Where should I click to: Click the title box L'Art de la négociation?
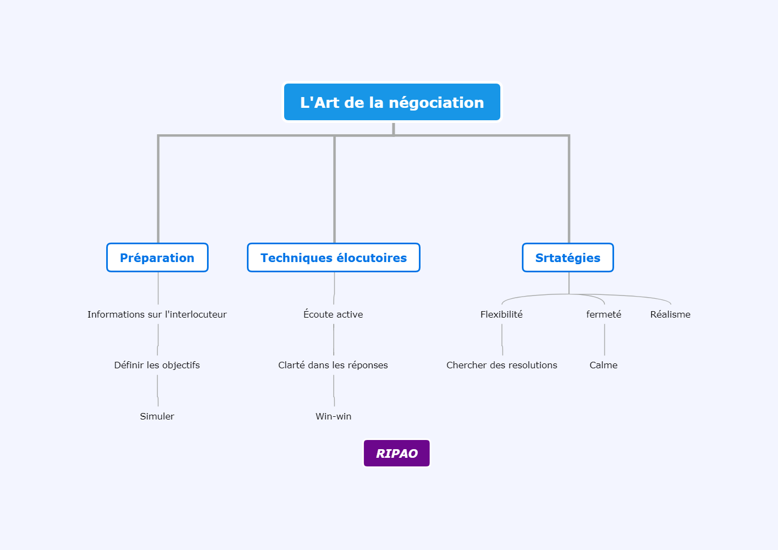(x=392, y=102)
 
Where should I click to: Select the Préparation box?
(x=157, y=257)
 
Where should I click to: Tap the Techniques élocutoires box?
(x=333, y=257)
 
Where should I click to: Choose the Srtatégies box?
(x=568, y=257)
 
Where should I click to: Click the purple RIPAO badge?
(x=397, y=453)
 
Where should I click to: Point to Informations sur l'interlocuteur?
(x=157, y=314)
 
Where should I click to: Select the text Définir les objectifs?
(x=157, y=365)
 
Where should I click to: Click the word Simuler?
(x=157, y=416)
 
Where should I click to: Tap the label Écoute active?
(x=333, y=314)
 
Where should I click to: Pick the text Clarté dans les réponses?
(x=333, y=365)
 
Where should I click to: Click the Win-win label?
(x=333, y=416)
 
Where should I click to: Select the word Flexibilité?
(x=501, y=314)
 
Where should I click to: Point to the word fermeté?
(x=604, y=314)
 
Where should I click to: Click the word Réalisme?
(x=670, y=314)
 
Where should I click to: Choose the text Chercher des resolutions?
(x=502, y=365)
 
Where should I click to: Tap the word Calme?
(x=604, y=365)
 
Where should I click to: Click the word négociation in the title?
(x=436, y=103)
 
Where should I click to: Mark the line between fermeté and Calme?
(x=605, y=340)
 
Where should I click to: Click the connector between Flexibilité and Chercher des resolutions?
(x=502, y=340)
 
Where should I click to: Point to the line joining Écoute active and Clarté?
(x=334, y=340)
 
